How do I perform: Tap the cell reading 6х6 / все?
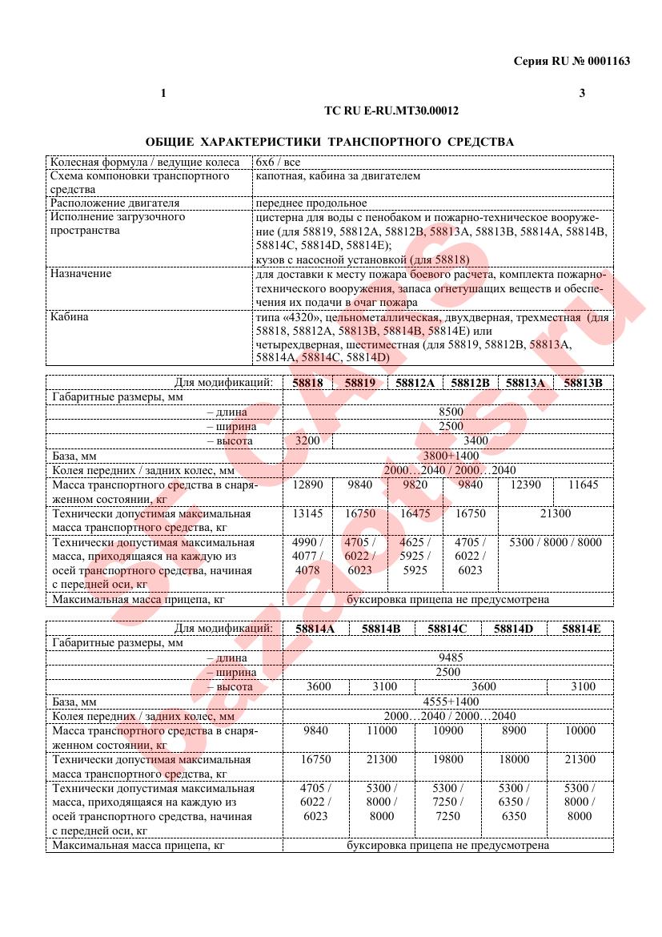(x=278, y=162)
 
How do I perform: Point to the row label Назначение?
(x=81, y=274)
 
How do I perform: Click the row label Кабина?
(x=69, y=317)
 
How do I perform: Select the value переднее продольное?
(x=311, y=203)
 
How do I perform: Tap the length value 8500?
(x=451, y=412)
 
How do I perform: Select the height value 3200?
(x=307, y=440)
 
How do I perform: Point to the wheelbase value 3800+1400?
(x=451, y=455)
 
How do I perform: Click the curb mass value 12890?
(x=307, y=485)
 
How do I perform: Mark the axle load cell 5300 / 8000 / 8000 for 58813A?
(x=555, y=542)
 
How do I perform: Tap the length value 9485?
(x=451, y=658)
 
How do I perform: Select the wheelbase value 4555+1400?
(x=451, y=701)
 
